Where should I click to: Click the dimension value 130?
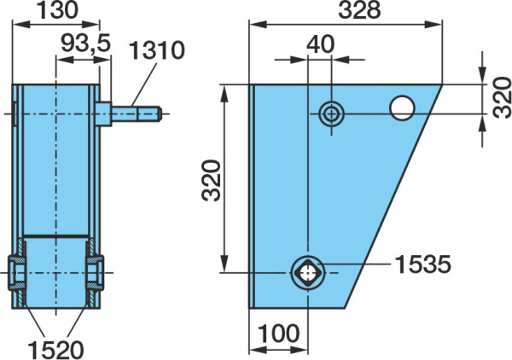click(57, 10)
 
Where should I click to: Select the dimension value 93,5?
click(86, 44)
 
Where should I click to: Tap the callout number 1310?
click(157, 50)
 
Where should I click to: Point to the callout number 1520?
click(55, 350)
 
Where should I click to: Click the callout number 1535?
click(423, 264)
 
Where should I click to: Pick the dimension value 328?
click(359, 10)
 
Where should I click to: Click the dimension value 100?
click(278, 334)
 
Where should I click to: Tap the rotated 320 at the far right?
click(503, 97)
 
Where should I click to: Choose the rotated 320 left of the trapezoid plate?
click(212, 180)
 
